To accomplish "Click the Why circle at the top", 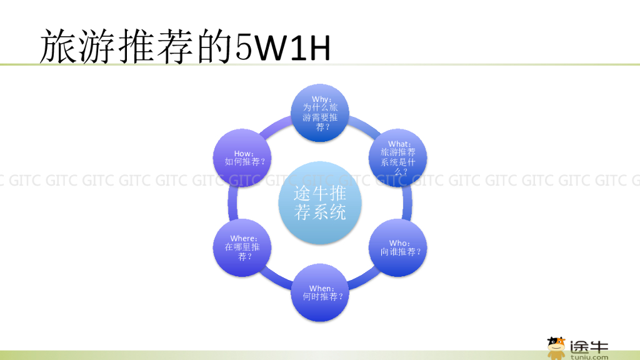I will tap(321, 113).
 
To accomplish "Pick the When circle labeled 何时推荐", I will tap(321, 293).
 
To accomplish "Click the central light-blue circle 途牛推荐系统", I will tap(321, 203).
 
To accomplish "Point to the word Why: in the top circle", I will tap(321, 99).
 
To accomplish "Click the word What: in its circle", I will tap(399, 144).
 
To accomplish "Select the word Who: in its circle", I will tap(399, 242).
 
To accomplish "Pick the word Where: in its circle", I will tap(243, 238).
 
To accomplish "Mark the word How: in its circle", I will tap(244, 153).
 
